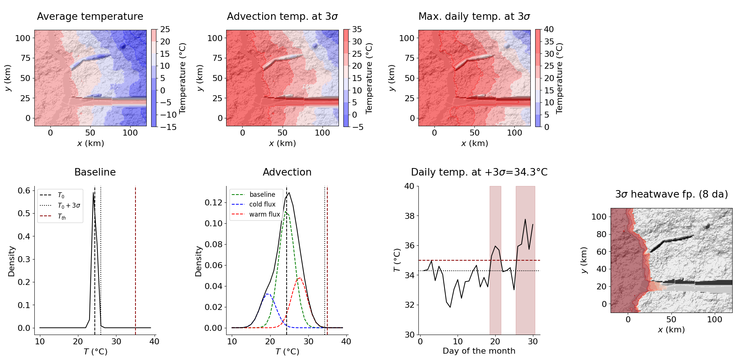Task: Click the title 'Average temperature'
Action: tap(90, 16)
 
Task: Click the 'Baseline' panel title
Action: tap(95, 172)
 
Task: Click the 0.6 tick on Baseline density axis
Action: tap(24, 191)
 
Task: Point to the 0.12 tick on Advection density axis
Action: tap(213, 202)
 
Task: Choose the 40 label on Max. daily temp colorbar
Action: tap(549, 29)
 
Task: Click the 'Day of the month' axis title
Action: tap(479, 351)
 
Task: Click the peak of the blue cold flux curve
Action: tap(268, 294)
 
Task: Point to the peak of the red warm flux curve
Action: tap(299, 278)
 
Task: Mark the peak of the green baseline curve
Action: tap(286, 212)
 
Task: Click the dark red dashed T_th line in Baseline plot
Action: tap(135, 261)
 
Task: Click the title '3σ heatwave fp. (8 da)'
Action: tap(671, 195)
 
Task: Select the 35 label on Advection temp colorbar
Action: tap(357, 29)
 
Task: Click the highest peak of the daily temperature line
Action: tap(525, 219)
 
